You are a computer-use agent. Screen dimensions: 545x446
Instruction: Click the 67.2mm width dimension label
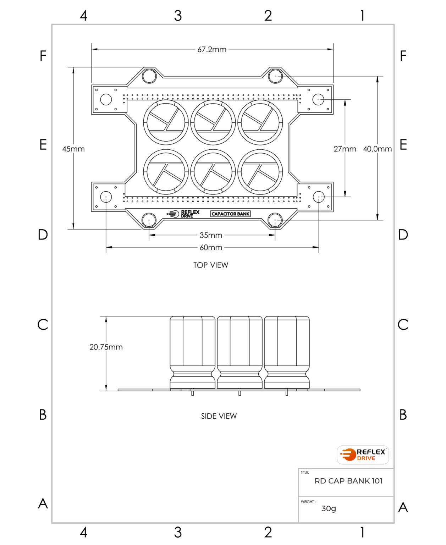tap(212, 50)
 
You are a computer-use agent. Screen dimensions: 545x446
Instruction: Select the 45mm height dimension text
tap(73, 149)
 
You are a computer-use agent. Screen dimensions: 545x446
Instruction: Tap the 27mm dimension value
tap(345, 149)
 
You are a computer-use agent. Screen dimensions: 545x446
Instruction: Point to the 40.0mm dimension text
tap(377, 149)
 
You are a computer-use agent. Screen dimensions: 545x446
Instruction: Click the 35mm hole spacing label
tap(211, 235)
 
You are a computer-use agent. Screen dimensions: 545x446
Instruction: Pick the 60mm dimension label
tap(211, 248)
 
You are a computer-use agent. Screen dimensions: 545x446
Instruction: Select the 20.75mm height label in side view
tap(106, 347)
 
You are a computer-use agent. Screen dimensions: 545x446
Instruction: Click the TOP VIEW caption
tap(210, 265)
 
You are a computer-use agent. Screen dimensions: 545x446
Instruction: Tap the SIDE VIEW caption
tap(219, 416)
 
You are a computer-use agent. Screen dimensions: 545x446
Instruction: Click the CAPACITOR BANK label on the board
tap(231, 214)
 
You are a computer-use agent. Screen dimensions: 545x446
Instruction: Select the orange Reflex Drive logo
tap(363, 455)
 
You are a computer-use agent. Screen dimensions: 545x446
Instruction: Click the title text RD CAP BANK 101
tap(348, 481)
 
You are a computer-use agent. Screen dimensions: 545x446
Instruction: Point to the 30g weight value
tap(329, 508)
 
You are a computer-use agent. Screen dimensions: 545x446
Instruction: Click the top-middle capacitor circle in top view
tap(213, 122)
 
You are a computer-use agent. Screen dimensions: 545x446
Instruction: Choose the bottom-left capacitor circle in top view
tap(166, 172)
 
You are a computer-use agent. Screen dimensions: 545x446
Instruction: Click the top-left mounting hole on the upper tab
tap(149, 76)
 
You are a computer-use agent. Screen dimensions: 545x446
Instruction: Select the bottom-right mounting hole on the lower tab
tap(275, 220)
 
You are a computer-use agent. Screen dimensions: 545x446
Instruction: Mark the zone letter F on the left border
tap(43, 56)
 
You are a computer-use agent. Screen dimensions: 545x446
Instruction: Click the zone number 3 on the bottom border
tap(178, 532)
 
